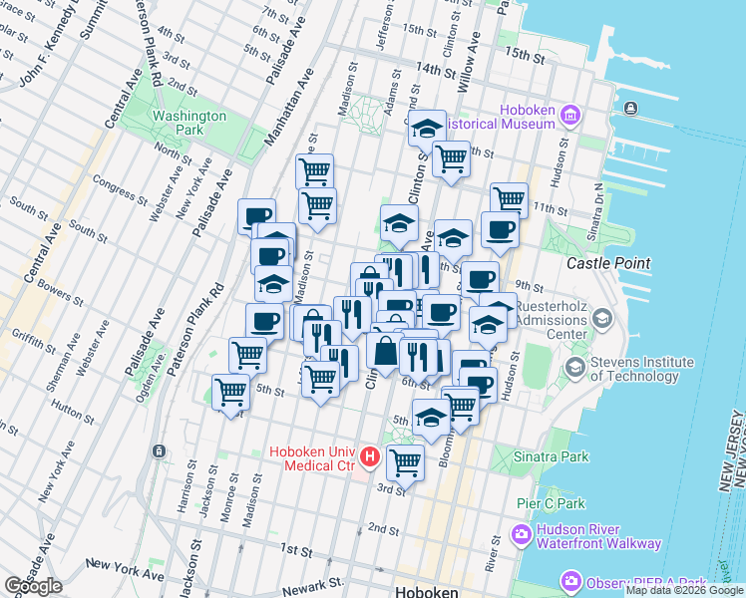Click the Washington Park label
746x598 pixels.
tap(189, 123)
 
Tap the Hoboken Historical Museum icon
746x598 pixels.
tap(570, 116)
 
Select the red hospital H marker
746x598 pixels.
tap(370, 458)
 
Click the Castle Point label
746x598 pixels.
tap(608, 263)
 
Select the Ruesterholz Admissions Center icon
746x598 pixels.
tap(601, 319)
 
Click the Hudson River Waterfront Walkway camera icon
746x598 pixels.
tap(521, 535)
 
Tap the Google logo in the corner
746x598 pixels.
tap(33, 585)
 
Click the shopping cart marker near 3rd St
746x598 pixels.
tap(405, 460)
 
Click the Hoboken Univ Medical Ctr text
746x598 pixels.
tap(314, 459)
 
